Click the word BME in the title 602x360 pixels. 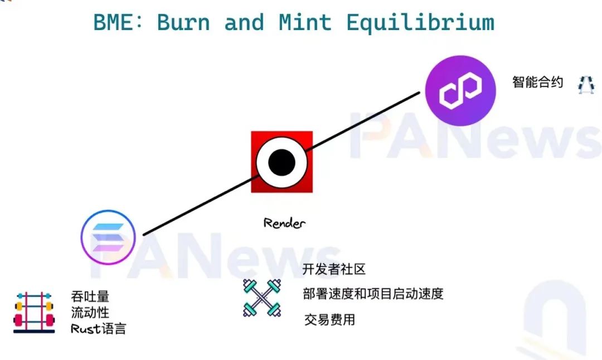click(x=113, y=22)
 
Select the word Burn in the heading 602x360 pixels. click(x=183, y=22)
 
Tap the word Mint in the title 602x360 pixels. click(x=305, y=22)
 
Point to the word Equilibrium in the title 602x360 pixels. click(x=420, y=23)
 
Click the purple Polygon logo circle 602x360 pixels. click(x=460, y=91)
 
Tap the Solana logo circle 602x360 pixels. click(x=108, y=237)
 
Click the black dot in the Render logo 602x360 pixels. click(x=282, y=162)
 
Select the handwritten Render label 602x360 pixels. click(x=284, y=223)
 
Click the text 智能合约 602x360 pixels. click(x=537, y=82)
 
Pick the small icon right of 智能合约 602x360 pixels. click(x=586, y=85)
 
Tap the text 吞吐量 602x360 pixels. click(x=90, y=296)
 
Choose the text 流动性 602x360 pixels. click(x=90, y=313)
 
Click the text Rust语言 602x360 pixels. click(x=98, y=329)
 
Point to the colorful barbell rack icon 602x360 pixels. click(x=34, y=312)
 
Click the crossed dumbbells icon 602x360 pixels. click(x=262, y=298)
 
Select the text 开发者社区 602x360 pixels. click(x=334, y=269)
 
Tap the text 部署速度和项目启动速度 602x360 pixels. click(x=373, y=294)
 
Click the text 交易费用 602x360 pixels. click(x=329, y=319)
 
